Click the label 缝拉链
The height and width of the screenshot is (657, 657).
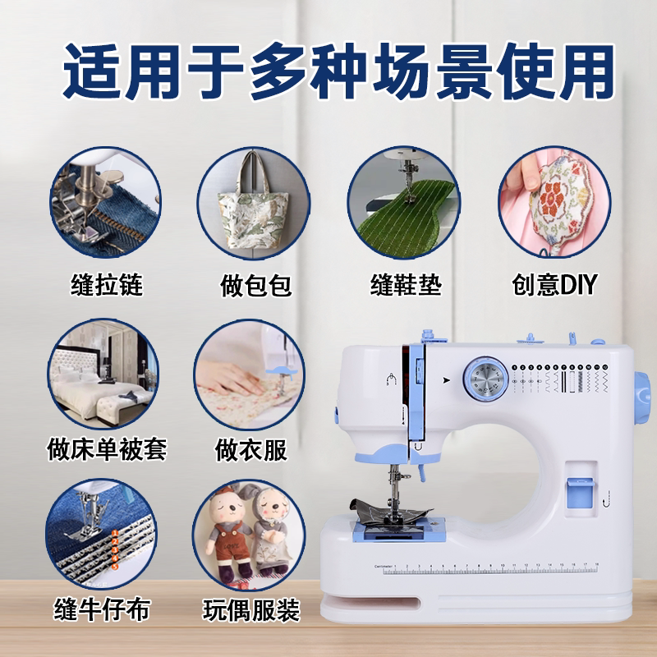107,285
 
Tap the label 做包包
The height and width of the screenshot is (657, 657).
255,286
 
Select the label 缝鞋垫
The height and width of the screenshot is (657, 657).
406,285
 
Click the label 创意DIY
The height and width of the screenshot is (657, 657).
554,285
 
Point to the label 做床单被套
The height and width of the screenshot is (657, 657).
107,449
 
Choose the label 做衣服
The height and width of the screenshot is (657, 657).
251,450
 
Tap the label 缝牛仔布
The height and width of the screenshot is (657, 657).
102,609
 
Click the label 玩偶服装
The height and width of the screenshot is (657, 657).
251,610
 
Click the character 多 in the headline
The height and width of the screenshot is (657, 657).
278,71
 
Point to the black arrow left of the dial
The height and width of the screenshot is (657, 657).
447,380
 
